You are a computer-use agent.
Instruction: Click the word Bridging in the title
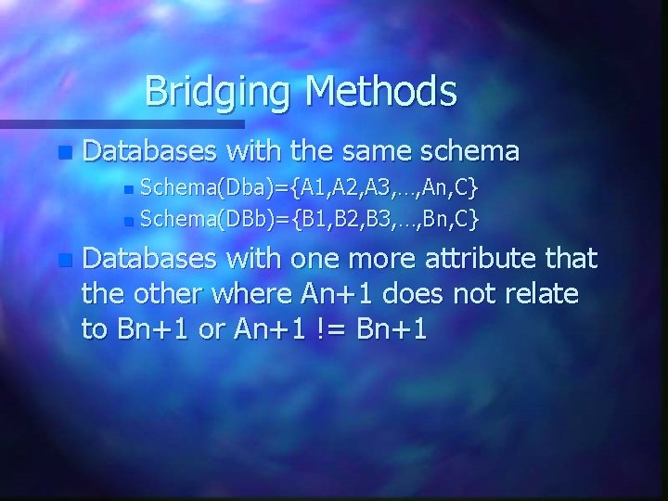point(220,92)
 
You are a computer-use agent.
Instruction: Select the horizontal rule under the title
point(122,122)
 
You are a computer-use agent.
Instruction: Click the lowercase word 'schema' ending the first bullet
point(470,150)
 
